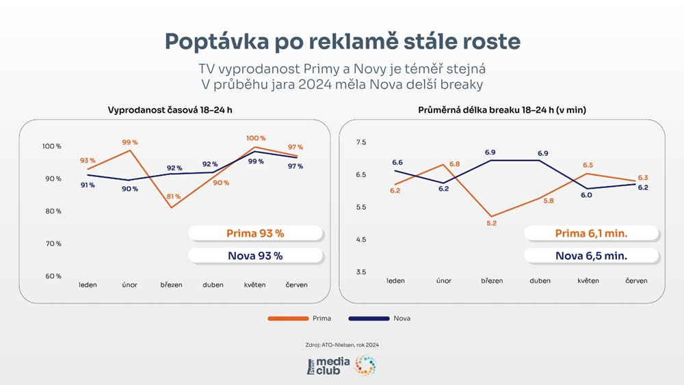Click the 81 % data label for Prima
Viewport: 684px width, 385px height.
[173, 197]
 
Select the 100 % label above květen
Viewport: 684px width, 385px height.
[256, 138]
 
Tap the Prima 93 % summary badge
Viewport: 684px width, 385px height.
[255, 233]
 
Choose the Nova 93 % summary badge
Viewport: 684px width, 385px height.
[255, 256]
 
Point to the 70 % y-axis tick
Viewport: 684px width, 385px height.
[53, 243]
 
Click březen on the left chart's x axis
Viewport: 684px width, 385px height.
[171, 284]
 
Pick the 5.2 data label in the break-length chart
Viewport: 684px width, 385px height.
[492, 224]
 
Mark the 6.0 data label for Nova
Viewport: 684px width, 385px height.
[586, 195]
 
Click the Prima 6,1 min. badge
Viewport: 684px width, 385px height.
[592, 233]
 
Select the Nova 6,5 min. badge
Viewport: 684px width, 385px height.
[592, 256]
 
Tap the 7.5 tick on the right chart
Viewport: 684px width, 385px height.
[361, 142]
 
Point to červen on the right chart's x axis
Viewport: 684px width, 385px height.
[636, 280]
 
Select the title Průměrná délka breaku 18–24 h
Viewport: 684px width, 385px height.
[502, 110]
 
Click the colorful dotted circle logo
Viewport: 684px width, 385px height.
[365, 366]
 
